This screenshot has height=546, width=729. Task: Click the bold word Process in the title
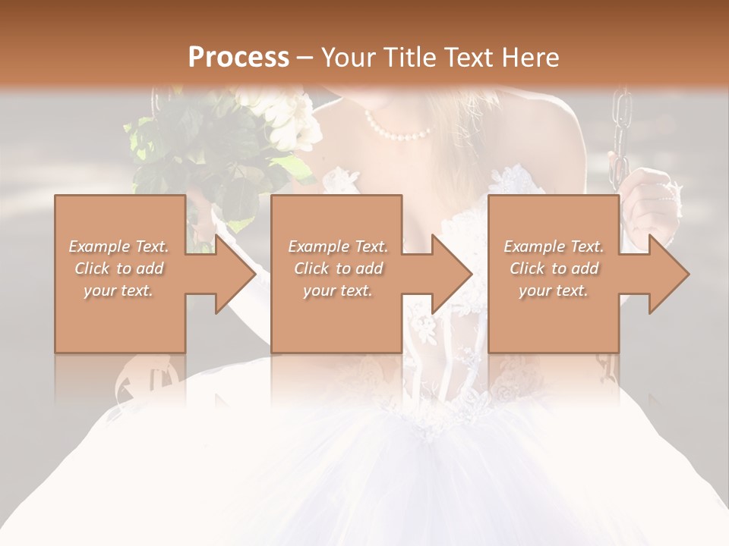[x=238, y=57]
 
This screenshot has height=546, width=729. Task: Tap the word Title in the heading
[x=406, y=57]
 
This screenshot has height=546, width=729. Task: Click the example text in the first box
[x=119, y=268]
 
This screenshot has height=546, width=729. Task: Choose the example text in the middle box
[x=338, y=268]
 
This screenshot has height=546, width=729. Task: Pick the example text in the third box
[x=554, y=268]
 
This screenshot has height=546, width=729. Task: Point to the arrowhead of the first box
[x=235, y=274]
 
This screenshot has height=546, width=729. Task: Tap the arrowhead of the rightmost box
[x=668, y=274]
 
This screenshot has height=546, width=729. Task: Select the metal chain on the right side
[x=620, y=129]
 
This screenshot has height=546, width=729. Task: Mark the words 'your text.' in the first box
[x=119, y=290]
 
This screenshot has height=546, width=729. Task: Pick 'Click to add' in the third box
[x=554, y=268]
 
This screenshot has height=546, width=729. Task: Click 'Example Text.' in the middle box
[x=338, y=246]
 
